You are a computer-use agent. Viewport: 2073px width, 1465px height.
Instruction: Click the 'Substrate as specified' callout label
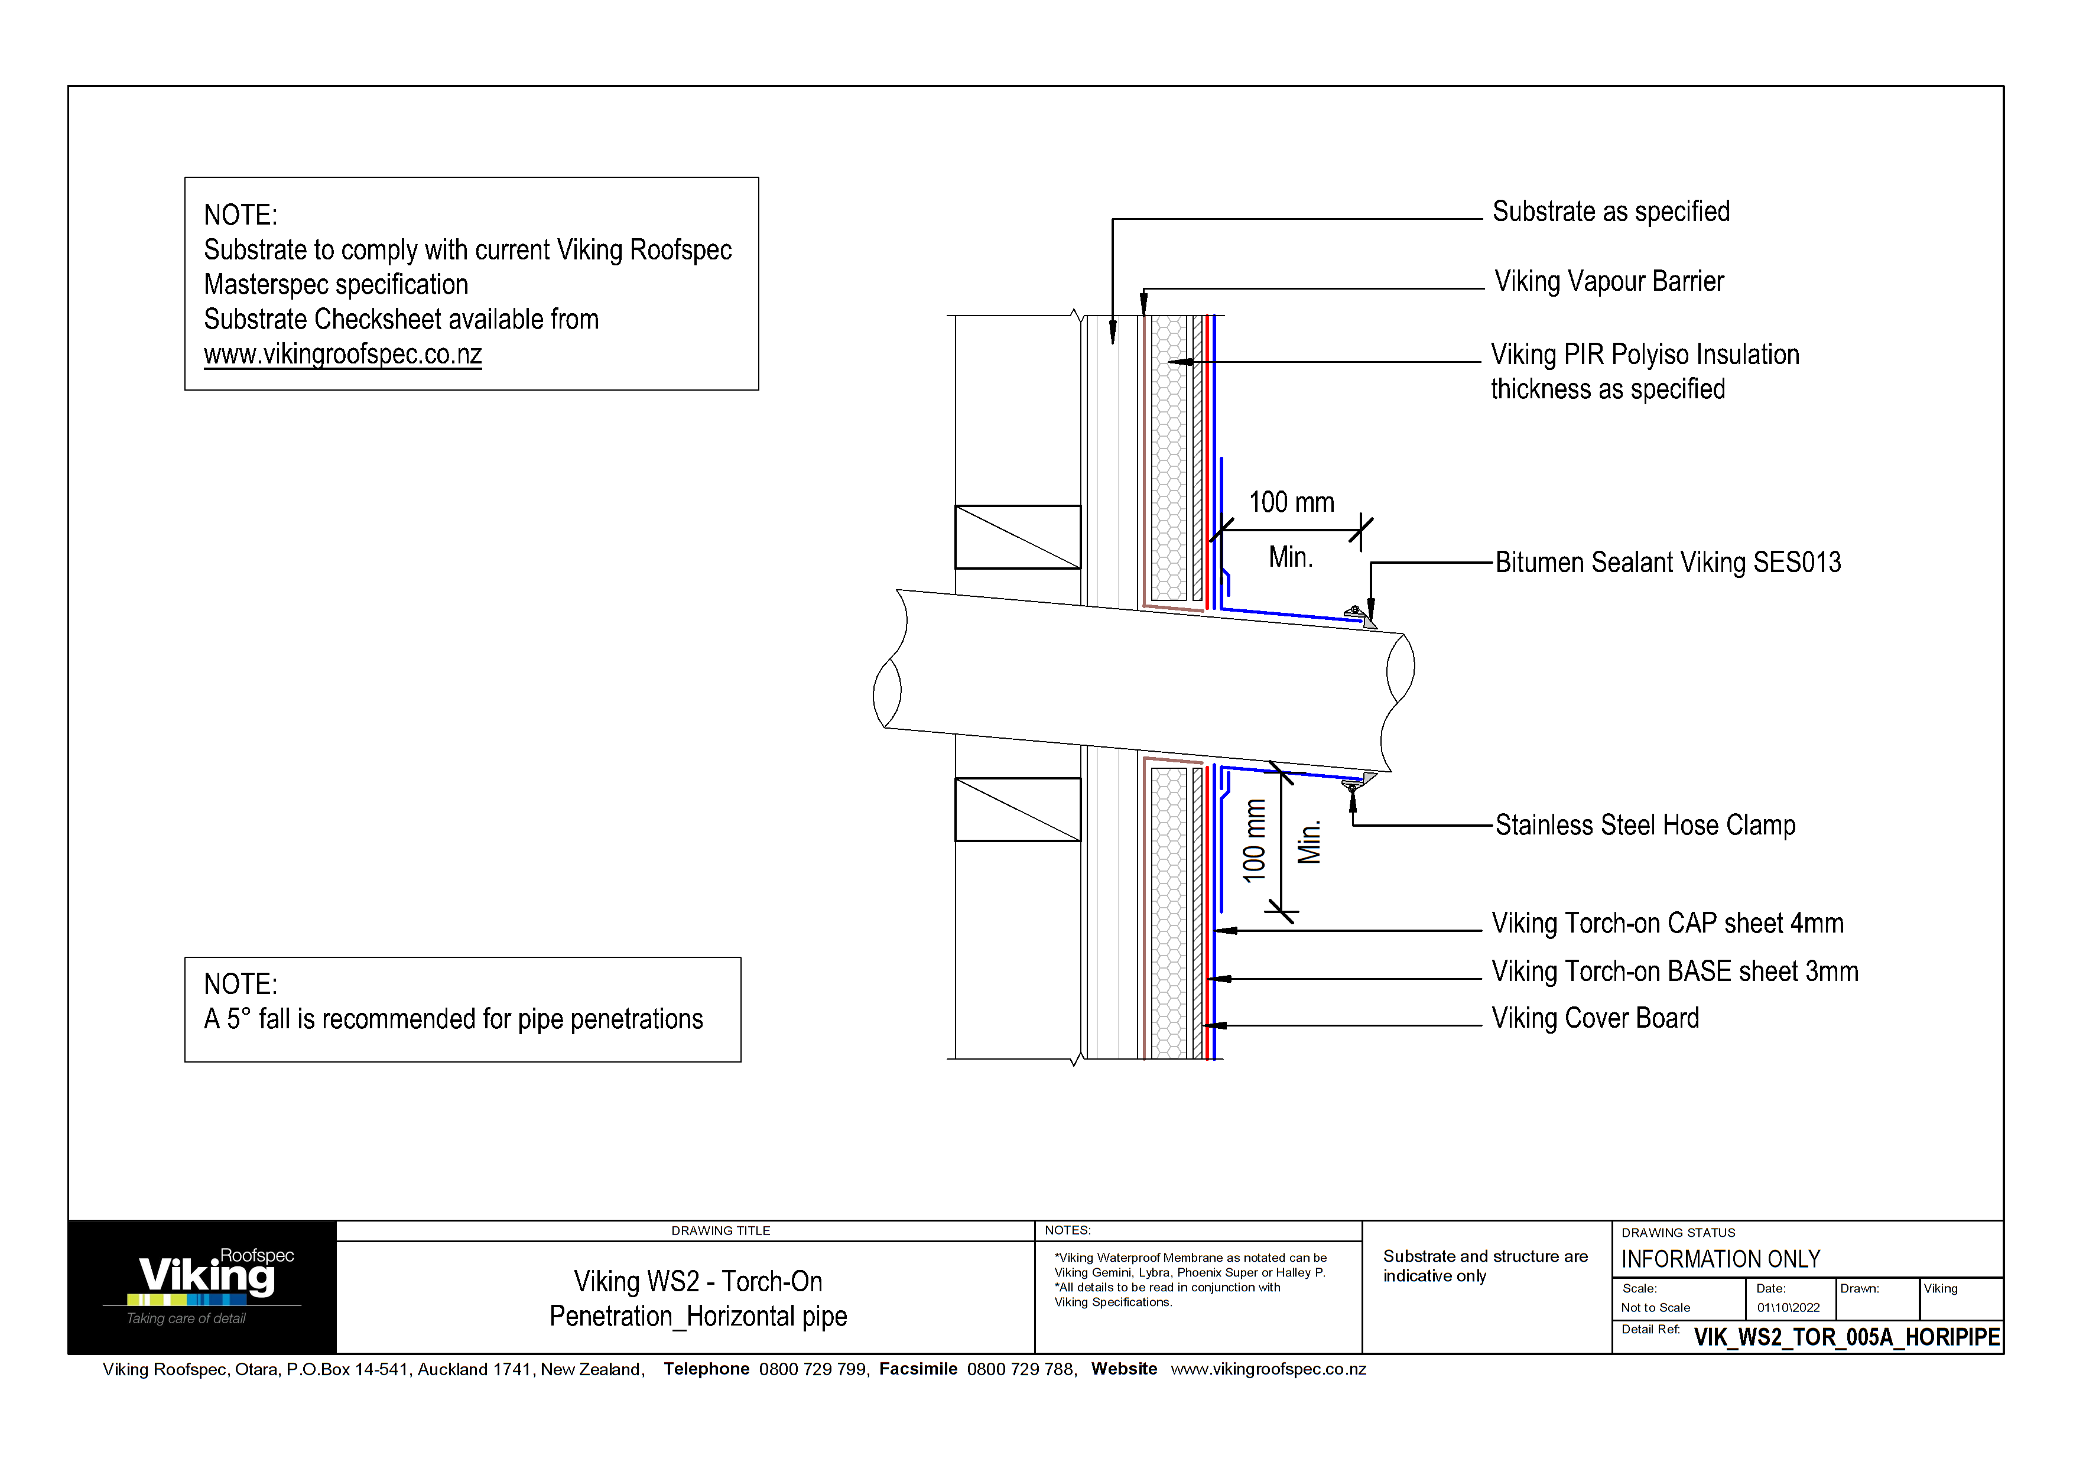pyautogui.click(x=1611, y=211)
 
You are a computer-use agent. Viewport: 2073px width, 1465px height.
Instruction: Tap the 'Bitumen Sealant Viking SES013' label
pyautogui.click(x=1668, y=563)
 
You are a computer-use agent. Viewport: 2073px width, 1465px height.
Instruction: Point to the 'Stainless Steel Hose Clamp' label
pyautogui.click(x=1645, y=825)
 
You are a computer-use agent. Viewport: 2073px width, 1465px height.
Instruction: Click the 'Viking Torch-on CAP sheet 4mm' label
pyautogui.click(x=1666, y=924)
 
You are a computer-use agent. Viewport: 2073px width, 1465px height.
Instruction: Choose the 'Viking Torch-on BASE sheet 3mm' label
pyautogui.click(x=1674, y=972)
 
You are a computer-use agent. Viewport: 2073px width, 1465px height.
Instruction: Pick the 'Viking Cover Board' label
pyautogui.click(x=1594, y=1018)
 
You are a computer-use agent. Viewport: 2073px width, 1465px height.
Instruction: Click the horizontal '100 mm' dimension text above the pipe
pyautogui.click(x=1291, y=503)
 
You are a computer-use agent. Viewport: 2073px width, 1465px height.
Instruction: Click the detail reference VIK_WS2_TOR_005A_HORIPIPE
pyautogui.click(x=1847, y=1337)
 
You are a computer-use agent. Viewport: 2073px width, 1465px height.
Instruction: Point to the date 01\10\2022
pyautogui.click(x=1788, y=1308)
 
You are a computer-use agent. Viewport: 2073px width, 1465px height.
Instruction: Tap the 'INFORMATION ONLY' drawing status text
pyautogui.click(x=1720, y=1259)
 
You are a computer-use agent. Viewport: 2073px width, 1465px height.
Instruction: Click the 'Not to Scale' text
pyautogui.click(x=1655, y=1308)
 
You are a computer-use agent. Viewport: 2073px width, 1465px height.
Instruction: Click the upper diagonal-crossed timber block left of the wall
pyautogui.click(x=1018, y=537)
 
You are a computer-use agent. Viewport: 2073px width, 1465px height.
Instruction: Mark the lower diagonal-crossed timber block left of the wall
pyautogui.click(x=1018, y=810)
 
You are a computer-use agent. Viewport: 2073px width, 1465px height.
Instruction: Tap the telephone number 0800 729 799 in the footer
pyautogui.click(x=813, y=1369)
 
